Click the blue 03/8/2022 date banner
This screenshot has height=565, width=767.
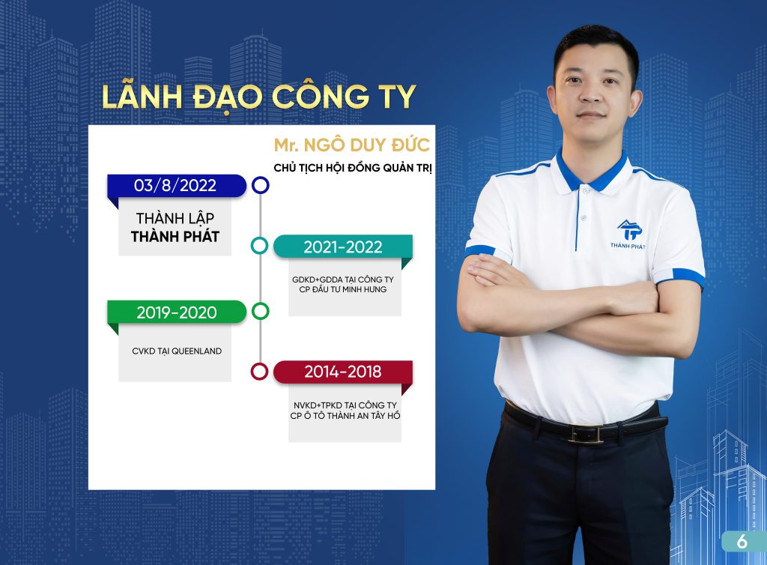(x=177, y=186)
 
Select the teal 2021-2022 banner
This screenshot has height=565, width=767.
(x=343, y=247)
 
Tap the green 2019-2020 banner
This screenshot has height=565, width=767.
(x=177, y=312)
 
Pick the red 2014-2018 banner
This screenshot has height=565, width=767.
(x=343, y=372)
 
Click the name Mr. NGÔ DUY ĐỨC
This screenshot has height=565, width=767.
(x=352, y=145)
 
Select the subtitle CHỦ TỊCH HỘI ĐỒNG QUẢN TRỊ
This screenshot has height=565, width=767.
(x=353, y=168)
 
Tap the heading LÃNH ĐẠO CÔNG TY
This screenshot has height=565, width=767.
(x=258, y=97)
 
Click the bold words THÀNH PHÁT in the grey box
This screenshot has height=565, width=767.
(x=175, y=237)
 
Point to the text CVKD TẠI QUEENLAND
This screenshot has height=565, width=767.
(x=177, y=351)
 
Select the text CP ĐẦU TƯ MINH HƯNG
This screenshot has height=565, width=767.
(x=343, y=289)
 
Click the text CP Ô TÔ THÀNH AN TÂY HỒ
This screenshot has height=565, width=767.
(x=345, y=416)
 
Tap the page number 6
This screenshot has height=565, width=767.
(x=742, y=542)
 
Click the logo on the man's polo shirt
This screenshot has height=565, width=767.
(x=628, y=235)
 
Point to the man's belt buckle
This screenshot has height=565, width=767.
(x=585, y=434)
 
